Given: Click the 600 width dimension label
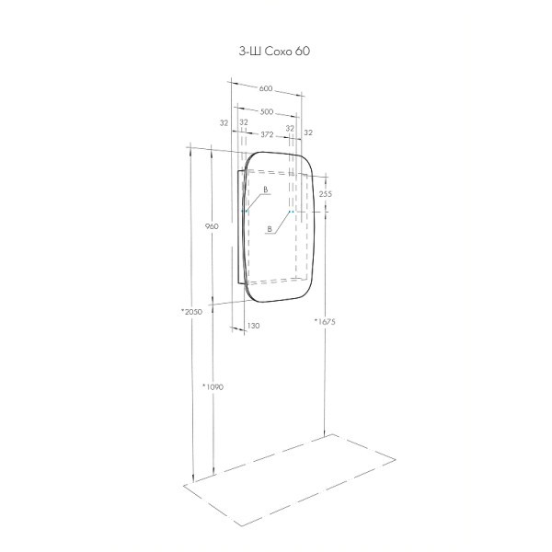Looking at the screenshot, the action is click(266, 88).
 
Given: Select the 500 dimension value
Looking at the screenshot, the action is click(267, 111).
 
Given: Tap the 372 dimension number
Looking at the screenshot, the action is click(267, 134).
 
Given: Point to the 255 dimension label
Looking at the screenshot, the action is click(326, 194).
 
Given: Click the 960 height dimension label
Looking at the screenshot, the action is click(212, 226).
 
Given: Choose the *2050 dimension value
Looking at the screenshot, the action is click(192, 312).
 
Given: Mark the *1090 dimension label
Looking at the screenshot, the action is click(213, 387).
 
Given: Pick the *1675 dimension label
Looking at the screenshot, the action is click(325, 321).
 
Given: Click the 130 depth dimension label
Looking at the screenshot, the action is click(254, 326).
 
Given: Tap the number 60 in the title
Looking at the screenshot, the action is click(303, 52).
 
